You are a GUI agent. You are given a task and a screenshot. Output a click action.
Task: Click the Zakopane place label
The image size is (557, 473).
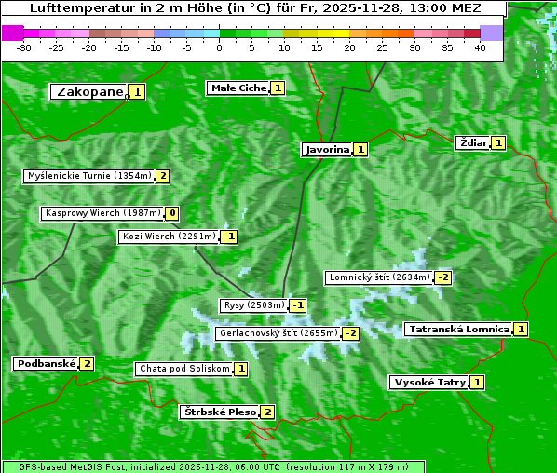coord(89,91)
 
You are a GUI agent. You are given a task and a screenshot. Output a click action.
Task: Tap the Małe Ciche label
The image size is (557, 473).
coord(238,88)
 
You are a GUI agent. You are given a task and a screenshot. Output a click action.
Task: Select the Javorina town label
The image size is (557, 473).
coord(327,149)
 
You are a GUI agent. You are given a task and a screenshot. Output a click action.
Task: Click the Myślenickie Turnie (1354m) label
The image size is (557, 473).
coord(88,176)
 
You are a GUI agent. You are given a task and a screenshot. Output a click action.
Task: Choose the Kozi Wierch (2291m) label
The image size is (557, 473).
coord(169,236)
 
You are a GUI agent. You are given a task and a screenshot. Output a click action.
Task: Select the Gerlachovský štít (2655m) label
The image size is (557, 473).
coord(277,333)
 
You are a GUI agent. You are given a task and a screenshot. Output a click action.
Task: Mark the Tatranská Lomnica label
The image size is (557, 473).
coord(458,329)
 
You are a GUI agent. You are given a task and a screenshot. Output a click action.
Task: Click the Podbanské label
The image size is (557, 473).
coord(45,363)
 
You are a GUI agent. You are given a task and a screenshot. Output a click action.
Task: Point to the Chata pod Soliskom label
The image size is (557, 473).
coord(183,369)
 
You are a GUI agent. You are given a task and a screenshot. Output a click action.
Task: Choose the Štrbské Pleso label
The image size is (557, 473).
coord(219,412)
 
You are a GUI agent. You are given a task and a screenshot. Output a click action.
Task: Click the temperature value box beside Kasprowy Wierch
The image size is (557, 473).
coord(172,213)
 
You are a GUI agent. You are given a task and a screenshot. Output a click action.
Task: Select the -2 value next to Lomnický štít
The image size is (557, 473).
coord(443,277)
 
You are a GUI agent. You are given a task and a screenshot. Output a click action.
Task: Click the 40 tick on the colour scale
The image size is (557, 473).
coord(480,47)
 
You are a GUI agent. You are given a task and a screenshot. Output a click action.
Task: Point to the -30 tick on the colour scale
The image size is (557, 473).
coord(24,47)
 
